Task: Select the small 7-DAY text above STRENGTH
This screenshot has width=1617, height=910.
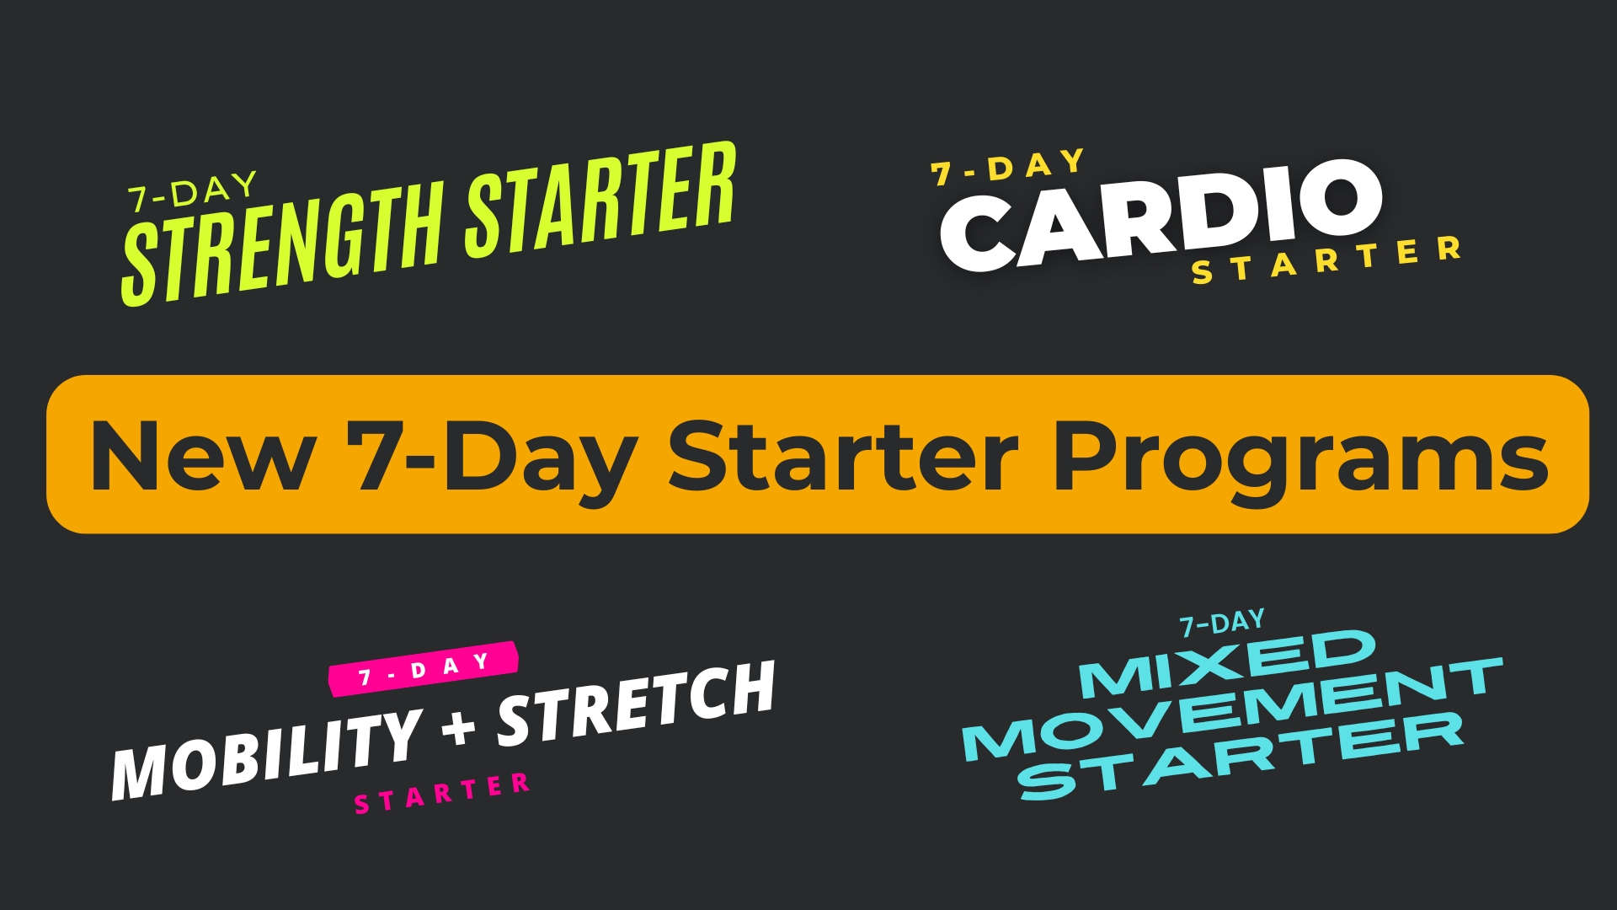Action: coord(192,192)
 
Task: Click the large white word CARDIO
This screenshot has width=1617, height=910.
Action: coord(1161,216)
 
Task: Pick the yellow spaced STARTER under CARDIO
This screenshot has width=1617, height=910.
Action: coord(1326,260)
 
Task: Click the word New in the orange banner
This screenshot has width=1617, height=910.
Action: coord(203,455)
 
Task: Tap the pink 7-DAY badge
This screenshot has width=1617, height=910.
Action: coord(423,669)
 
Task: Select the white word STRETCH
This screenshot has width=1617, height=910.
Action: coord(637,704)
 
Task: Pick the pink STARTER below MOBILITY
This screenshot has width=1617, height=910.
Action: coord(442,793)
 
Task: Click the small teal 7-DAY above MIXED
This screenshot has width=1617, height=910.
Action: coord(1222,624)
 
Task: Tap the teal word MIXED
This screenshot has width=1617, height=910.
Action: coord(1227,664)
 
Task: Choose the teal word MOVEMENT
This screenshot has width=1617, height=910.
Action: coord(1232,709)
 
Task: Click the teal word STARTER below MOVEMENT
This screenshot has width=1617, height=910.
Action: coord(1241,755)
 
